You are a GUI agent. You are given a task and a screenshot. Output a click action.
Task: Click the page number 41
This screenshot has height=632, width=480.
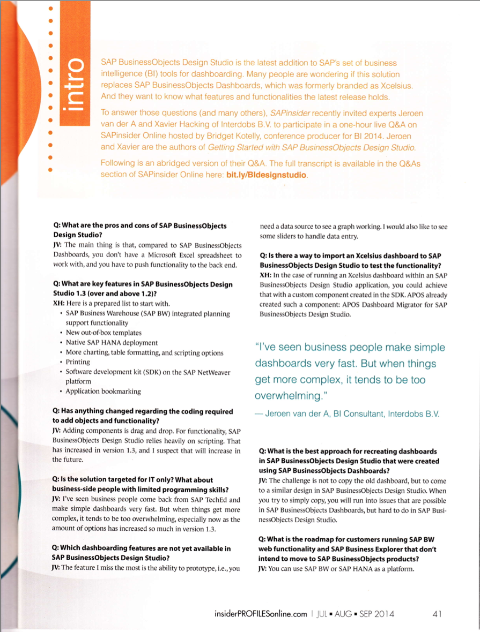pyautogui.click(x=437, y=614)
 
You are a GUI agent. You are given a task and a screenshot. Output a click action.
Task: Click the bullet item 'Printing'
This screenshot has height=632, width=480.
pyautogui.click(x=78, y=362)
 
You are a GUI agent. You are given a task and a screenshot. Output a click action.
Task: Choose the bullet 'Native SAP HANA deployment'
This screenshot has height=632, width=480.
pyautogui.click(x=112, y=343)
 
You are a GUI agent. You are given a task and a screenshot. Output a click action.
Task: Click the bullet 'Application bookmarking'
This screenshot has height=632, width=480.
pyautogui.click(x=103, y=392)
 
